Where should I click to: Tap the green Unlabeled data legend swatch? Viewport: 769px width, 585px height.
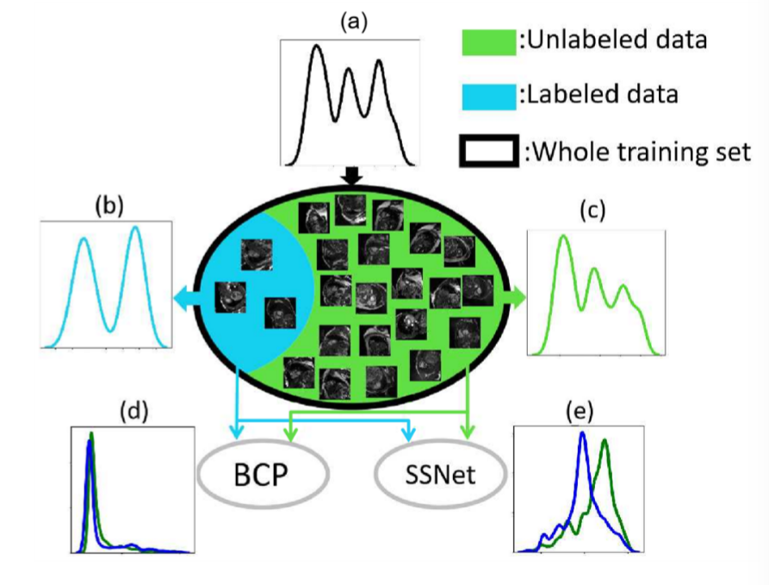tap(487, 40)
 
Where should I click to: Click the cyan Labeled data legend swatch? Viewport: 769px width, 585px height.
tap(487, 95)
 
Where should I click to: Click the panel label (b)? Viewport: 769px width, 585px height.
tap(110, 208)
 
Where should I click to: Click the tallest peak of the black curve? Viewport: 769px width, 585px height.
tap(316, 47)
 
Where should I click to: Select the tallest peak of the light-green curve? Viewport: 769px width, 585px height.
tap(564, 238)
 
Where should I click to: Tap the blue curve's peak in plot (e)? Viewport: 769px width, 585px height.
tap(583, 433)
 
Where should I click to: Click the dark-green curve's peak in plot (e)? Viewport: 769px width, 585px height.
tap(605, 440)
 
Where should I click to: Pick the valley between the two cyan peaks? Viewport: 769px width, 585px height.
tap(110, 328)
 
